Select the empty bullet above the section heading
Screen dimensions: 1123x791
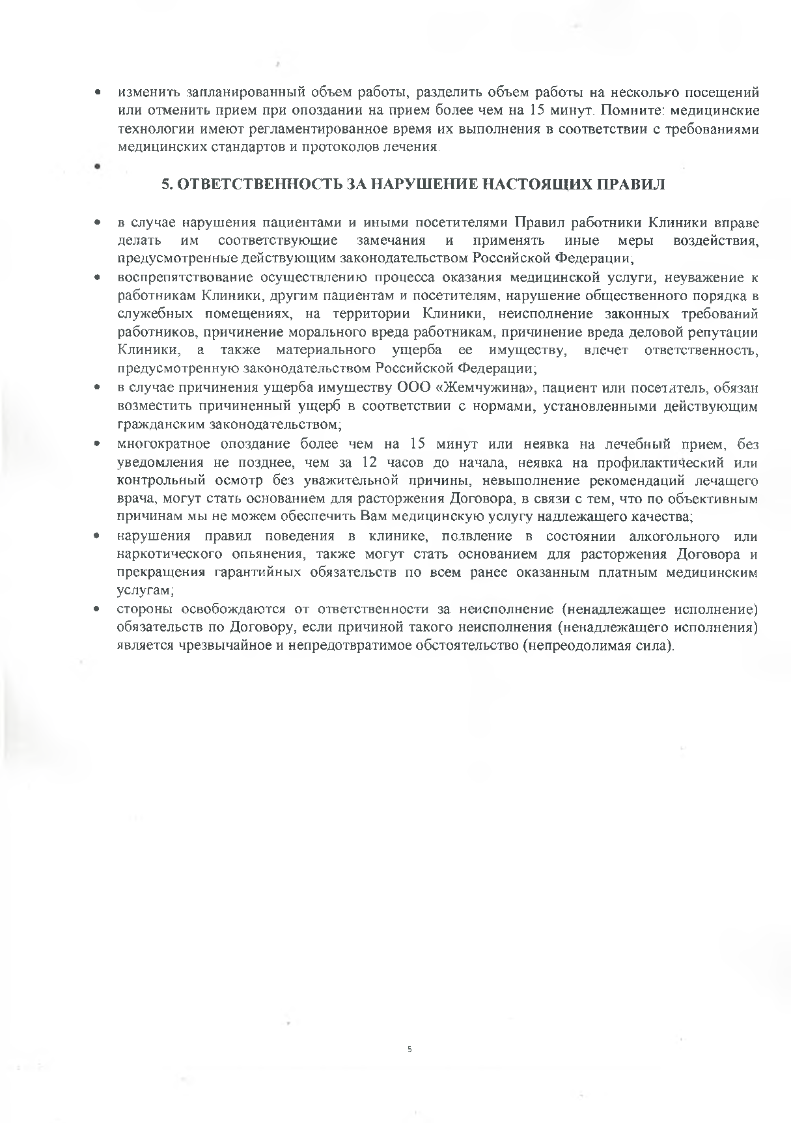pyautogui.click(x=96, y=167)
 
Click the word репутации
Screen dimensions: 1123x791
pyautogui.click(x=722, y=333)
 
